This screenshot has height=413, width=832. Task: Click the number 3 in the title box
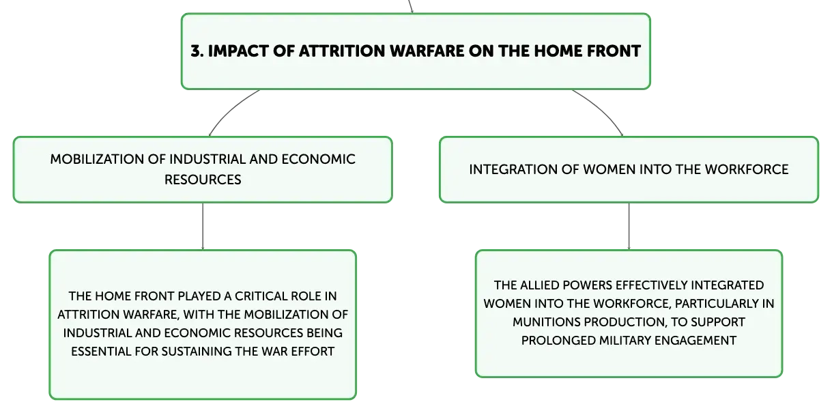[197, 51]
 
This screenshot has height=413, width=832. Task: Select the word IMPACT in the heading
[238, 51]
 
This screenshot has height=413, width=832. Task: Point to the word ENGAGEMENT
[695, 341]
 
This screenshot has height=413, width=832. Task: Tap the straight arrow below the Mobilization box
[203, 226]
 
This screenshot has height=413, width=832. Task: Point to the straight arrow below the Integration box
[629, 226]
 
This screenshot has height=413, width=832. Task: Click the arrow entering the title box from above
[410, 6]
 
